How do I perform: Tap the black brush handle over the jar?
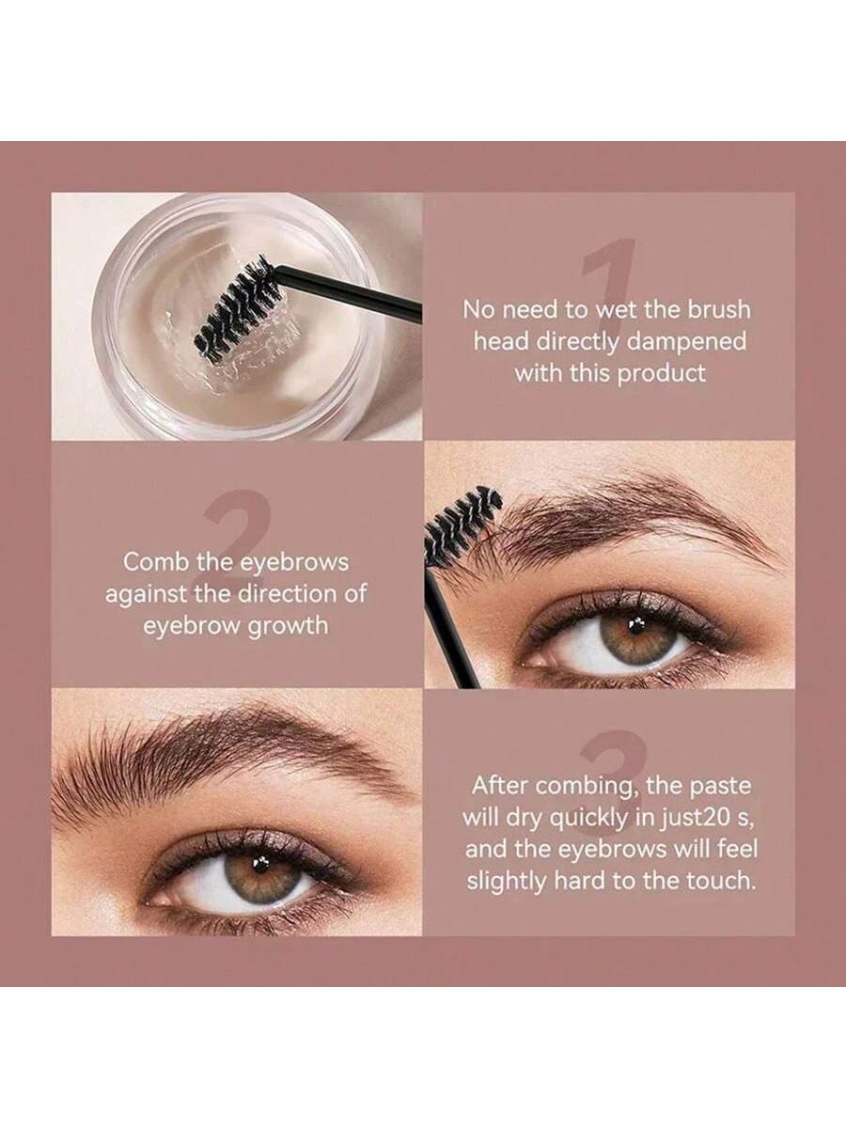coord(351,292)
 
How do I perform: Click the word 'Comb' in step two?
coord(150,562)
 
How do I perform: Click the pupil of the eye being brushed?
coord(636,625)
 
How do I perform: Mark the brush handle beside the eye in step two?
coord(451,631)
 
